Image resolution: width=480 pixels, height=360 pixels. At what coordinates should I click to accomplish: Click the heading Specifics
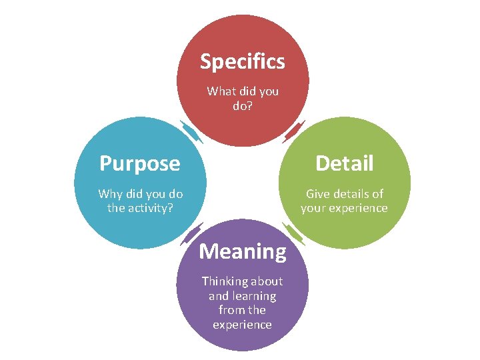tap(243, 62)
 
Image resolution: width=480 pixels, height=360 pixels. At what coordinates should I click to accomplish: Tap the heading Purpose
tap(139, 163)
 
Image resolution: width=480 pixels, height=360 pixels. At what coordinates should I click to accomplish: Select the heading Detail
tap(344, 163)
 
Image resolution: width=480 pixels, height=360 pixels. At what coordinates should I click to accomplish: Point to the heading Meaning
tap(243, 251)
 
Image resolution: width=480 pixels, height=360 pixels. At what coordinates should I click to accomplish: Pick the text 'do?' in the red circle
tap(243, 105)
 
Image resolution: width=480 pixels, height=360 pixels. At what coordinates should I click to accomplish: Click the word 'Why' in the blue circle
tap(109, 194)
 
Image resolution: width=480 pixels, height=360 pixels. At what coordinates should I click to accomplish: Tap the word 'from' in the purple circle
tap(231, 310)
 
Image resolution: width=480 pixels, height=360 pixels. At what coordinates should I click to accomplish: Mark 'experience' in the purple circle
tap(243, 325)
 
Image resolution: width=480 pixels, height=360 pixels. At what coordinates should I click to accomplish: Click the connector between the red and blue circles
tap(191, 131)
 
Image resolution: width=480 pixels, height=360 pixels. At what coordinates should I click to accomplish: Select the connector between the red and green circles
tap(294, 131)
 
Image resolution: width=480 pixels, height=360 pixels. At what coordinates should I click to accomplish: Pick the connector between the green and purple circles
tap(294, 234)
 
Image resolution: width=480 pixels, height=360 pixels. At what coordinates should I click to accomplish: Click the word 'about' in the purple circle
tap(267, 281)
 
